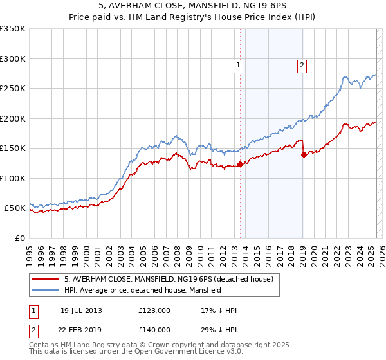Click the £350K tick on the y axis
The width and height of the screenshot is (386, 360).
(x=13, y=29)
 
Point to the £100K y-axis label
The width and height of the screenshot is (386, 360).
(x=13, y=178)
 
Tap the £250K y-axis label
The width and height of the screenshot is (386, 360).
(x=13, y=89)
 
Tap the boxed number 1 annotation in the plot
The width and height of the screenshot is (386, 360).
(x=239, y=64)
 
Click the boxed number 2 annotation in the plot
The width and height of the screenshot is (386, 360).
(x=302, y=64)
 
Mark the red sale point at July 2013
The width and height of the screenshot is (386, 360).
(x=241, y=165)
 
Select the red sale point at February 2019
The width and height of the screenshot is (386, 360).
(x=304, y=154)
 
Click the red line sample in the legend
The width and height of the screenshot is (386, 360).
(x=45, y=279)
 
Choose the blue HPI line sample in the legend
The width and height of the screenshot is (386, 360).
(x=45, y=291)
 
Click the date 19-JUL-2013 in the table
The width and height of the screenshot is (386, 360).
(x=80, y=310)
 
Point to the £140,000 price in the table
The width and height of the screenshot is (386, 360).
(x=154, y=330)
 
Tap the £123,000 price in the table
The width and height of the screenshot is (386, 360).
(x=154, y=310)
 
